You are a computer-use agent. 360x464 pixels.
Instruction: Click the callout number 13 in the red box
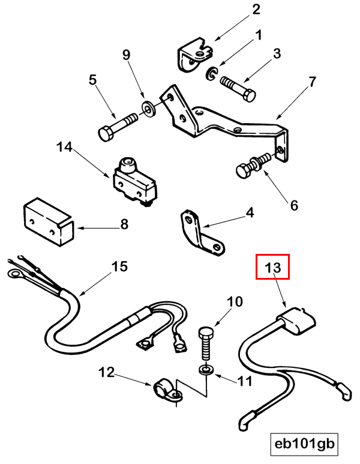[273, 267]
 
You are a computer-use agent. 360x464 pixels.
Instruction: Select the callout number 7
[311, 81]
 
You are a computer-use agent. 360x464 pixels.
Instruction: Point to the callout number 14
[64, 146]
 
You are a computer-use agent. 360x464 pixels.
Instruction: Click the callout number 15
[120, 267]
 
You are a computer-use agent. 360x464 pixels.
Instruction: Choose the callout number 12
[106, 373]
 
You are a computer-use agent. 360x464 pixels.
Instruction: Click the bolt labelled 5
[118, 127]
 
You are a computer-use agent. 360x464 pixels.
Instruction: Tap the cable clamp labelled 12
[166, 390]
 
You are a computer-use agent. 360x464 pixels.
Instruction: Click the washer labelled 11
[206, 369]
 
